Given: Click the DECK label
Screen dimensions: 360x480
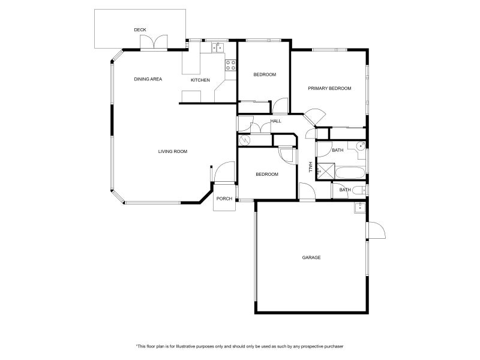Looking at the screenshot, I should point(140,30).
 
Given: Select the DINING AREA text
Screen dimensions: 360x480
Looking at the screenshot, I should point(148,79).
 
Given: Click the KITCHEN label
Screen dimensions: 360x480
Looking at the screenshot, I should point(200,80).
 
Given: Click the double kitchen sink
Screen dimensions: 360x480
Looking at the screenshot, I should point(217,47).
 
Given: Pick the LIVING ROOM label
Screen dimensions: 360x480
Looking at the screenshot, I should point(173,151).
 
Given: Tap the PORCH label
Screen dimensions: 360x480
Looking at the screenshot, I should point(224,199).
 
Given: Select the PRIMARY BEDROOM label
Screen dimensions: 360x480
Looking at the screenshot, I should point(329,88).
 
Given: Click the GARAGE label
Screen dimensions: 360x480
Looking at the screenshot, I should point(311,257).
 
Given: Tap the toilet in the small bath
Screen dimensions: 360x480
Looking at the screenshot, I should point(358,190).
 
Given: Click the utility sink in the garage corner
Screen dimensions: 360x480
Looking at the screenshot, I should point(359,208).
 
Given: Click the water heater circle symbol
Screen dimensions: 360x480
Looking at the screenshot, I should point(244,140).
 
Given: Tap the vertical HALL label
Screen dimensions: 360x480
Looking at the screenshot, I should point(311,167).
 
